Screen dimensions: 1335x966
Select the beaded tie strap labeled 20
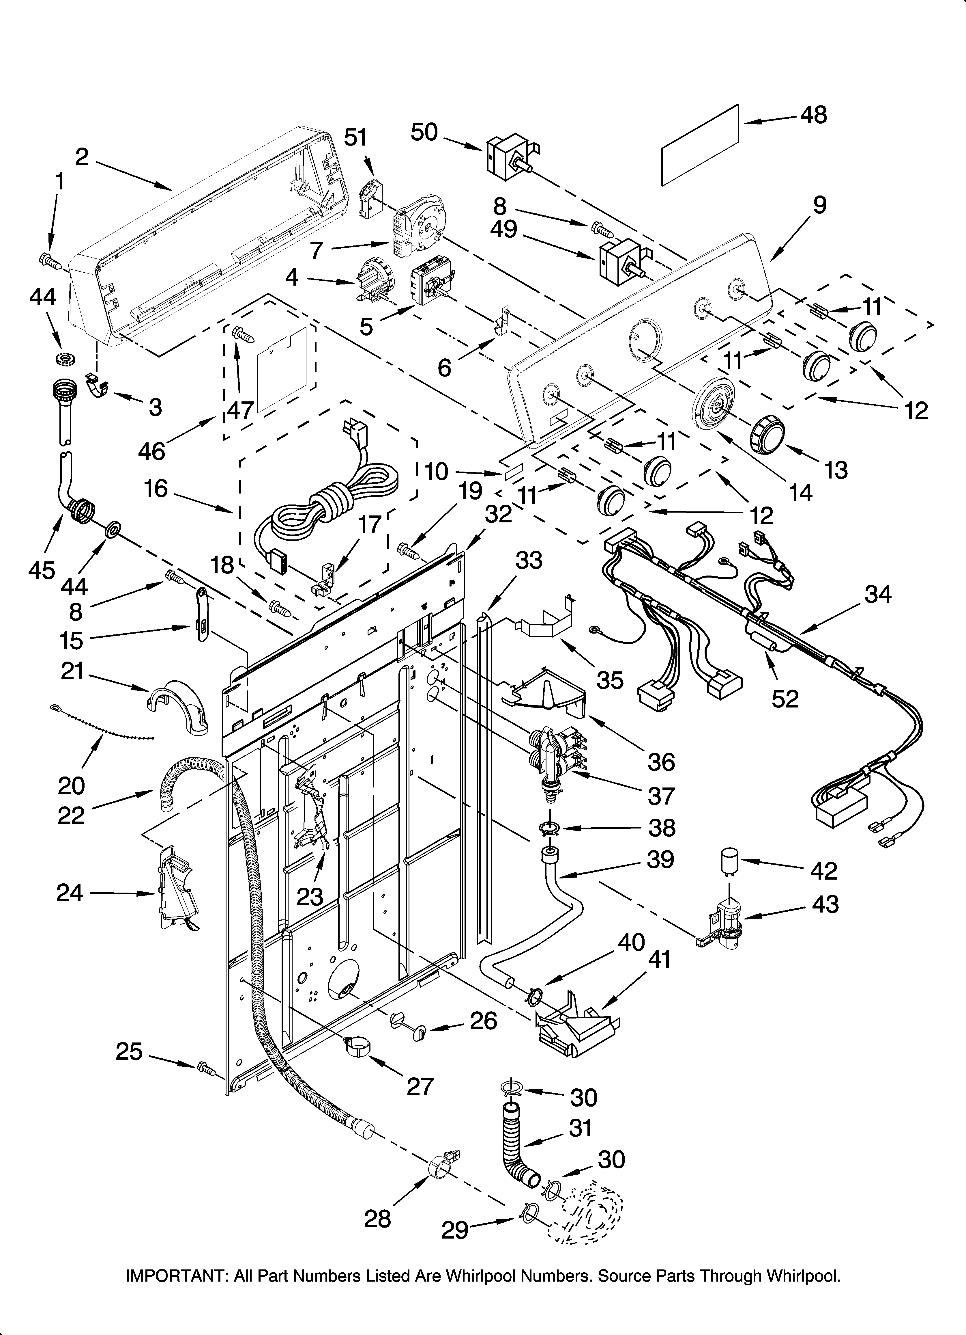click(100, 723)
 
